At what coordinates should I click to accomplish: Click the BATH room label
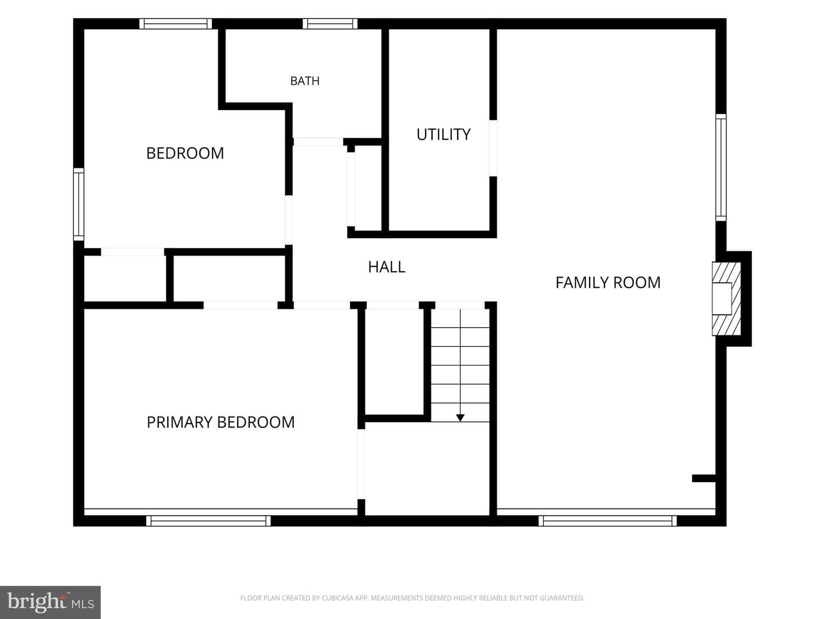(305, 81)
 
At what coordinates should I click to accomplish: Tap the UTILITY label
(443, 134)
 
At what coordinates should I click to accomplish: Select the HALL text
(387, 267)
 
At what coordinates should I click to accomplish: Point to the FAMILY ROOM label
(608, 283)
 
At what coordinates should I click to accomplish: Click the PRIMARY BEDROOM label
(221, 422)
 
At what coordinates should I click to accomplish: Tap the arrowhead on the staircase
(460, 418)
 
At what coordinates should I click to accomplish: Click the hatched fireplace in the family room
(726, 299)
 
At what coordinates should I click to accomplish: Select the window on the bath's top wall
(330, 23)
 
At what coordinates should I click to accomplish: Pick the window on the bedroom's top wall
(175, 23)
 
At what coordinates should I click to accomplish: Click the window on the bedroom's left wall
(78, 204)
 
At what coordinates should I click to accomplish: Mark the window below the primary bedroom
(208, 520)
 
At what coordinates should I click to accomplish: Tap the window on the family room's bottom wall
(607, 520)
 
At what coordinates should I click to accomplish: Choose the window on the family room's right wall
(721, 167)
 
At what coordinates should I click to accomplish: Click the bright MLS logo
(50, 602)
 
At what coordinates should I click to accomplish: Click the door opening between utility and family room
(493, 148)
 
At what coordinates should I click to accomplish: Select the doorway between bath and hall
(318, 142)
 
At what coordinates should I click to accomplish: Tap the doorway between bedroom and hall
(289, 220)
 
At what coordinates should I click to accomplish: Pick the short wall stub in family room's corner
(704, 479)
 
